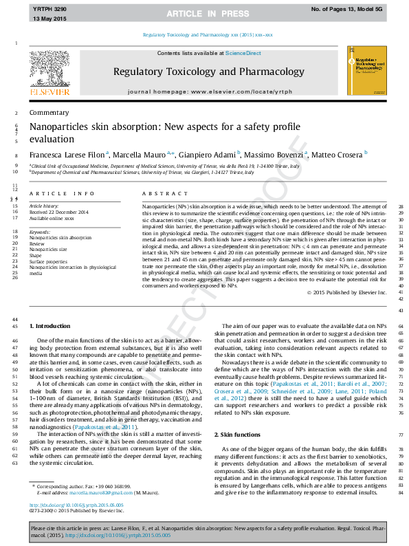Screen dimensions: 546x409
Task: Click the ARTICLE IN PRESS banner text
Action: coord(204,14)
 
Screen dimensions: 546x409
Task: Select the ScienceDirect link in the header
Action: coord(242,53)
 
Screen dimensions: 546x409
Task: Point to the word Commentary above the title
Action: coord(45,112)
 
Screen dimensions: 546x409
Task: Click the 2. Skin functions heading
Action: coord(238,435)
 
